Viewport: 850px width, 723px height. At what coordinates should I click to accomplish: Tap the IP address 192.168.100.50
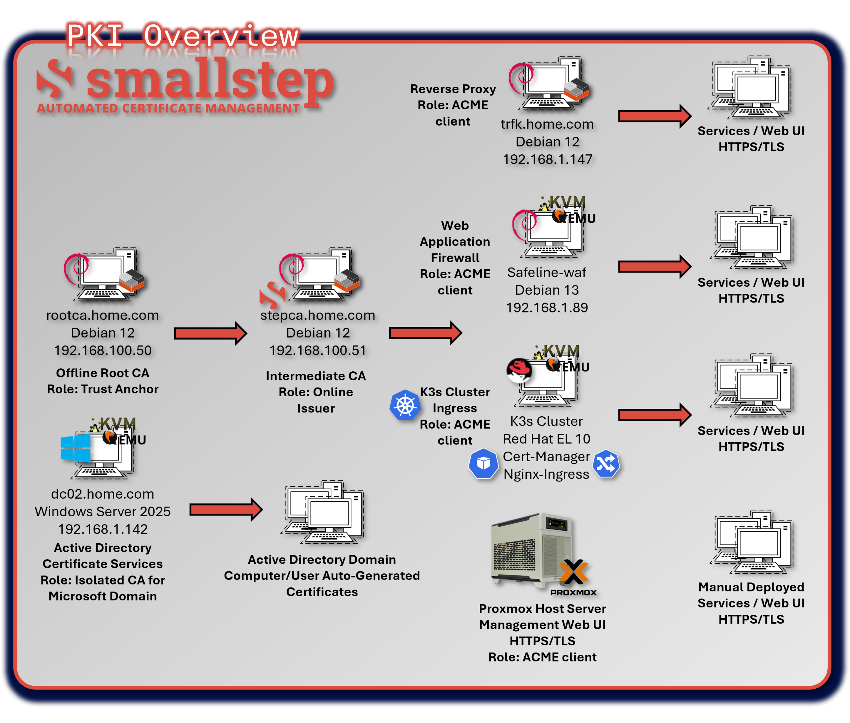coord(103,350)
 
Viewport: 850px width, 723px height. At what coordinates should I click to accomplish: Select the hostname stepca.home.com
coord(318,315)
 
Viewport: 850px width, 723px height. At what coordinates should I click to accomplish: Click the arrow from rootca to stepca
coord(210,333)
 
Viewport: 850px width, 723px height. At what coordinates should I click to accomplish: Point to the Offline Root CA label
coord(103,373)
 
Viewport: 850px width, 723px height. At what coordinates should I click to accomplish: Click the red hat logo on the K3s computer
coord(519,369)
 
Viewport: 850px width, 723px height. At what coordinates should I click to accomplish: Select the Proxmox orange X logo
coord(573,572)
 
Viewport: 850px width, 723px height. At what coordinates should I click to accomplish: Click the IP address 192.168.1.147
coord(547,159)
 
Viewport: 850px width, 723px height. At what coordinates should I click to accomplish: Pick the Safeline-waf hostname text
coord(547,273)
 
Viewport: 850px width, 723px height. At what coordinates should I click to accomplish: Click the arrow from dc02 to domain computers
coord(225,510)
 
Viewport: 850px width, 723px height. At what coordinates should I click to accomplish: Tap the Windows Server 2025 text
coord(103,512)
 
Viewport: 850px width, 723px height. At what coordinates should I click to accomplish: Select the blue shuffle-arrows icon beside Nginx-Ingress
coord(606,464)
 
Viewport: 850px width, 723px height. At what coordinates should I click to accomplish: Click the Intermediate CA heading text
coord(316,376)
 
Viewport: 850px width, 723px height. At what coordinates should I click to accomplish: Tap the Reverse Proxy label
coord(453,89)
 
